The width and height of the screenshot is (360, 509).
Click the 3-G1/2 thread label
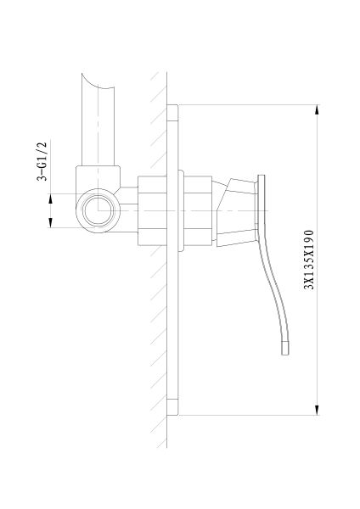click(42, 161)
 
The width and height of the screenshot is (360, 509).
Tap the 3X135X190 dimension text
click(309, 260)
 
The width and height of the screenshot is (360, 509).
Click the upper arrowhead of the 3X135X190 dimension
click(317, 109)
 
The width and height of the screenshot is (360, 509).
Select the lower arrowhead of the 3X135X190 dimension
click(317, 411)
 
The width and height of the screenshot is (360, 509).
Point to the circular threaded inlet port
click(98, 210)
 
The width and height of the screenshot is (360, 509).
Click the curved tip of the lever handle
click(285, 349)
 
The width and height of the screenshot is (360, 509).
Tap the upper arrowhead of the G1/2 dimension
click(50, 199)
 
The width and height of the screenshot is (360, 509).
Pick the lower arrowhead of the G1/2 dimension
click(50, 222)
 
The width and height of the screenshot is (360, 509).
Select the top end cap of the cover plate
click(172, 113)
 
